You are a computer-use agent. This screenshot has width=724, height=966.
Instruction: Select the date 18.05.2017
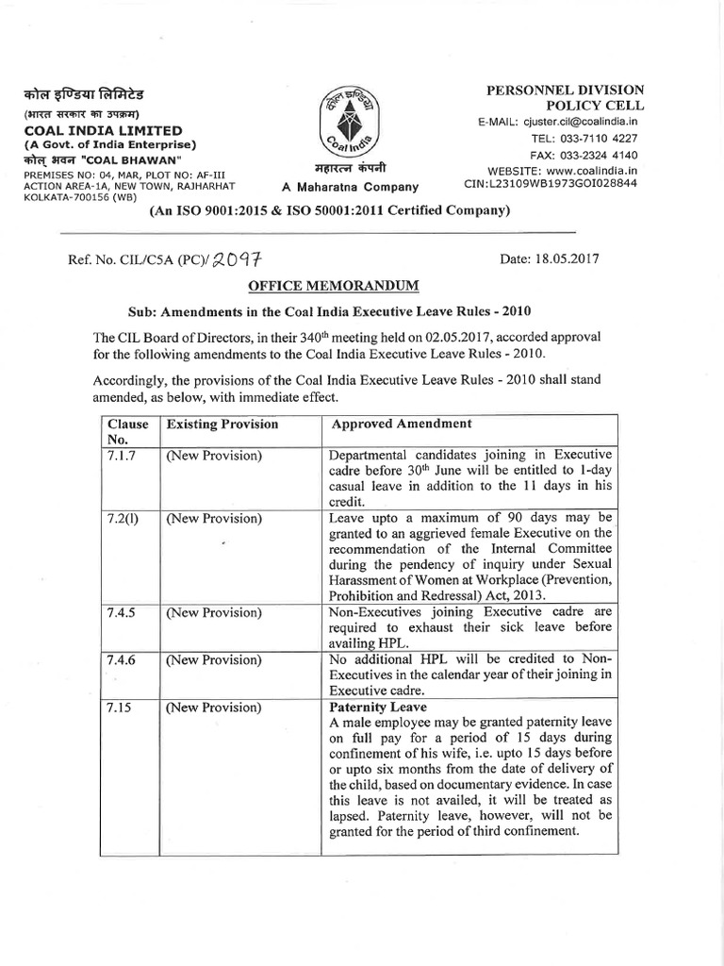(551, 258)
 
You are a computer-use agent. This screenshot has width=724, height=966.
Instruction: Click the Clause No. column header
(127, 431)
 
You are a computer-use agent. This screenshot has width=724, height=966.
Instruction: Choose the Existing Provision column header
(222, 425)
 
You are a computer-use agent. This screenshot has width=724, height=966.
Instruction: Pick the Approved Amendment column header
(402, 425)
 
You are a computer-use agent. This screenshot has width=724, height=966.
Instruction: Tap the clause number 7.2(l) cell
(123, 519)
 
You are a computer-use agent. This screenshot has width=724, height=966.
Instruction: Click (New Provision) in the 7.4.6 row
(214, 660)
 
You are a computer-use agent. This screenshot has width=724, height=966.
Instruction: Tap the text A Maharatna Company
(351, 187)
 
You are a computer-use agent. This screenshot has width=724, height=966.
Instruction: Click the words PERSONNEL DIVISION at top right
(565, 90)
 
